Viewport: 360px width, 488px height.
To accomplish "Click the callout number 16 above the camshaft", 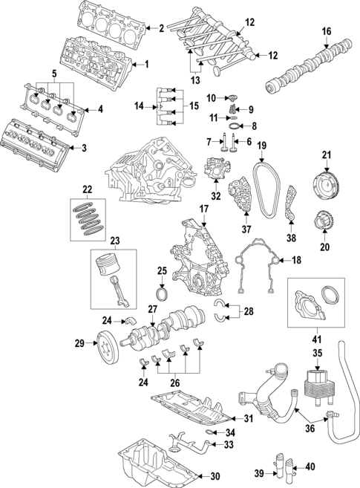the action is tap(327, 31).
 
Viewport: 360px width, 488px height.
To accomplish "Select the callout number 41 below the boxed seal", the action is tap(317, 339).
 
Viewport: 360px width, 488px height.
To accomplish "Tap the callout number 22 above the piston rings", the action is tap(88, 189).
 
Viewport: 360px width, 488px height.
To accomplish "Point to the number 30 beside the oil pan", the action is tap(215, 476).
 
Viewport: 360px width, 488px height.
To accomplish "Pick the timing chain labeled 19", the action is tap(266, 189).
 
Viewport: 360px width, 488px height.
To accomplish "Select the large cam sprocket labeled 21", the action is tap(327, 186).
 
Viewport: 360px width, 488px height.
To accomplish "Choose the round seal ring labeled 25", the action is tap(163, 294).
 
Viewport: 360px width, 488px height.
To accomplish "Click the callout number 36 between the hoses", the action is tap(310, 429).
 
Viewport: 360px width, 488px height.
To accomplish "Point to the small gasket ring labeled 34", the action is tap(211, 432).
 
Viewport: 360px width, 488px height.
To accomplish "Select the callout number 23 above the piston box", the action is tap(115, 241).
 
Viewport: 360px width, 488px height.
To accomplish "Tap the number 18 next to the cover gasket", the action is tap(297, 260).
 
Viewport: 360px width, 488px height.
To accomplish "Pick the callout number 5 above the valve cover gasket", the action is tap(54, 74).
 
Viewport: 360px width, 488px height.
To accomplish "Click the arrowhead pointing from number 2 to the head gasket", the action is tap(148, 29).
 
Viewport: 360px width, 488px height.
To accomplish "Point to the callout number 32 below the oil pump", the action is tap(216, 196).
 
